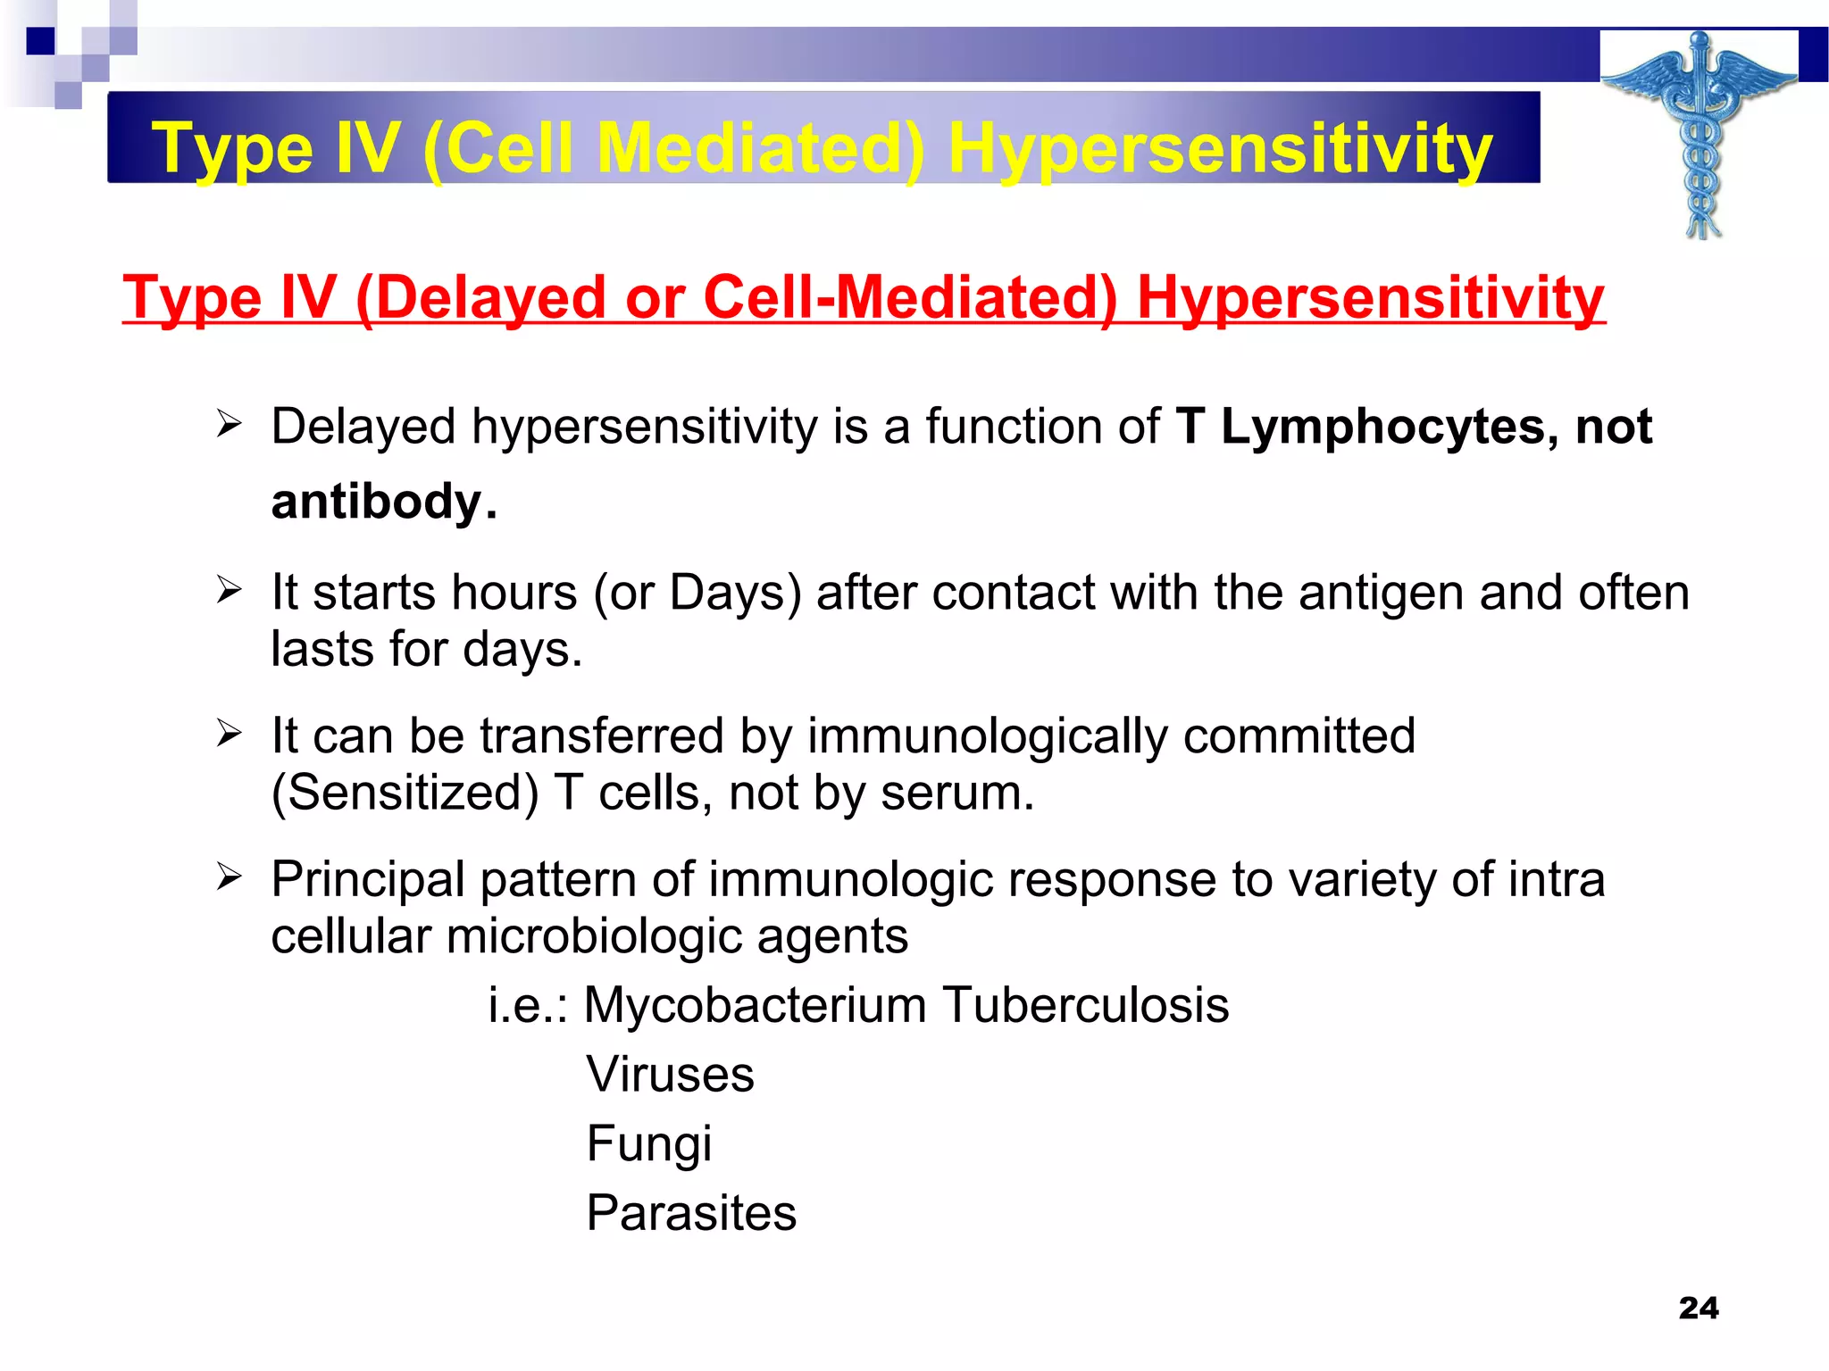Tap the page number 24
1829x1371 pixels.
click(1698, 1308)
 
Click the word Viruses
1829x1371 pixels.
click(670, 1074)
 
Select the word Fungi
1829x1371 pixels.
click(649, 1144)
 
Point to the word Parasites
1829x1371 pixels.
click(691, 1213)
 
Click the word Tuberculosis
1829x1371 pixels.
click(1085, 1005)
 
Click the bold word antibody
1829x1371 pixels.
click(376, 501)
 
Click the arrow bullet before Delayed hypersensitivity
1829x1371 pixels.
click(229, 425)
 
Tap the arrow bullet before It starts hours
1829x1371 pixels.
click(229, 591)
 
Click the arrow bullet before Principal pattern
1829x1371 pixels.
click(229, 877)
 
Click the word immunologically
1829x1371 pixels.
click(988, 736)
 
